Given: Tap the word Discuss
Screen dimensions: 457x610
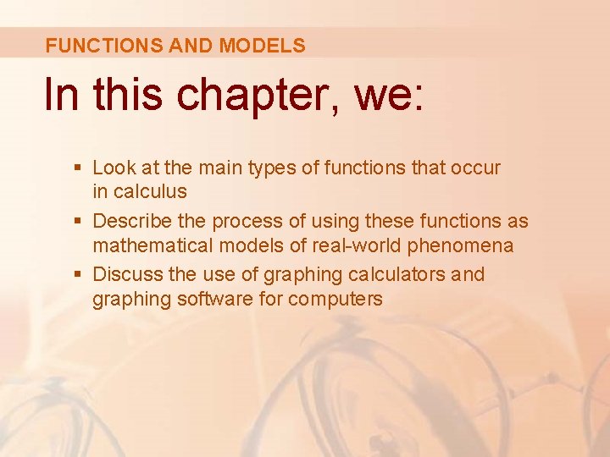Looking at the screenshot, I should [x=125, y=275].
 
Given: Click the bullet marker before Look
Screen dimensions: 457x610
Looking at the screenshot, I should [x=79, y=168].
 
